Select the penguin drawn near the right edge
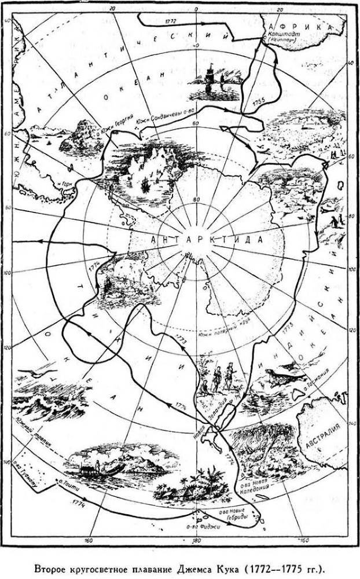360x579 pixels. pos(336,220)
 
